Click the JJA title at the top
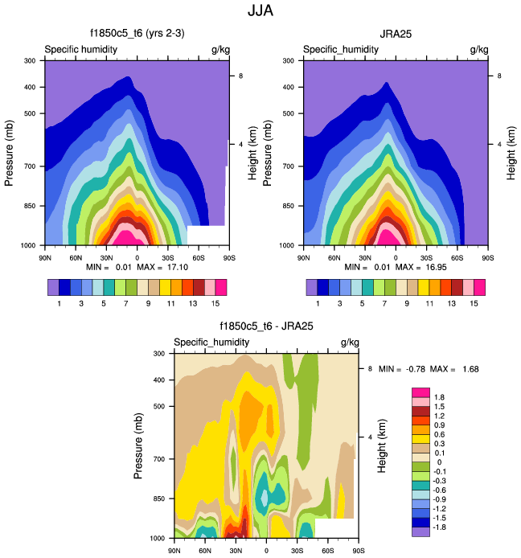(x=260, y=11)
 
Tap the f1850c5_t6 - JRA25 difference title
(x=266, y=326)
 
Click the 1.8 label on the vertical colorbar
(x=439, y=397)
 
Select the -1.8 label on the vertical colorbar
(x=441, y=521)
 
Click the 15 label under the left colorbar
(x=215, y=303)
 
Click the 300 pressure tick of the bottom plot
(x=160, y=354)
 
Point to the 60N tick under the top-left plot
(x=76, y=257)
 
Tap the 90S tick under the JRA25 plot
(x=488, y=257)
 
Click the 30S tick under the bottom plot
(x=297, y=551)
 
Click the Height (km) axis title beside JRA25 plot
(x=511, y=152)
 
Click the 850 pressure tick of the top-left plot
(x=31, y=207)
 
